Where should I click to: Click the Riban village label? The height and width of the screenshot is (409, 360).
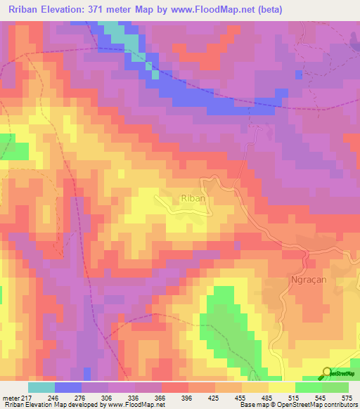point(193,199)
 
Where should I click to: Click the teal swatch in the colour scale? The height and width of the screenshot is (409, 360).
point(41,387)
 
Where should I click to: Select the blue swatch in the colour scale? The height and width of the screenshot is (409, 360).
point(68,387)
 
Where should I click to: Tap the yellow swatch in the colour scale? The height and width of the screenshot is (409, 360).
point(282,387)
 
